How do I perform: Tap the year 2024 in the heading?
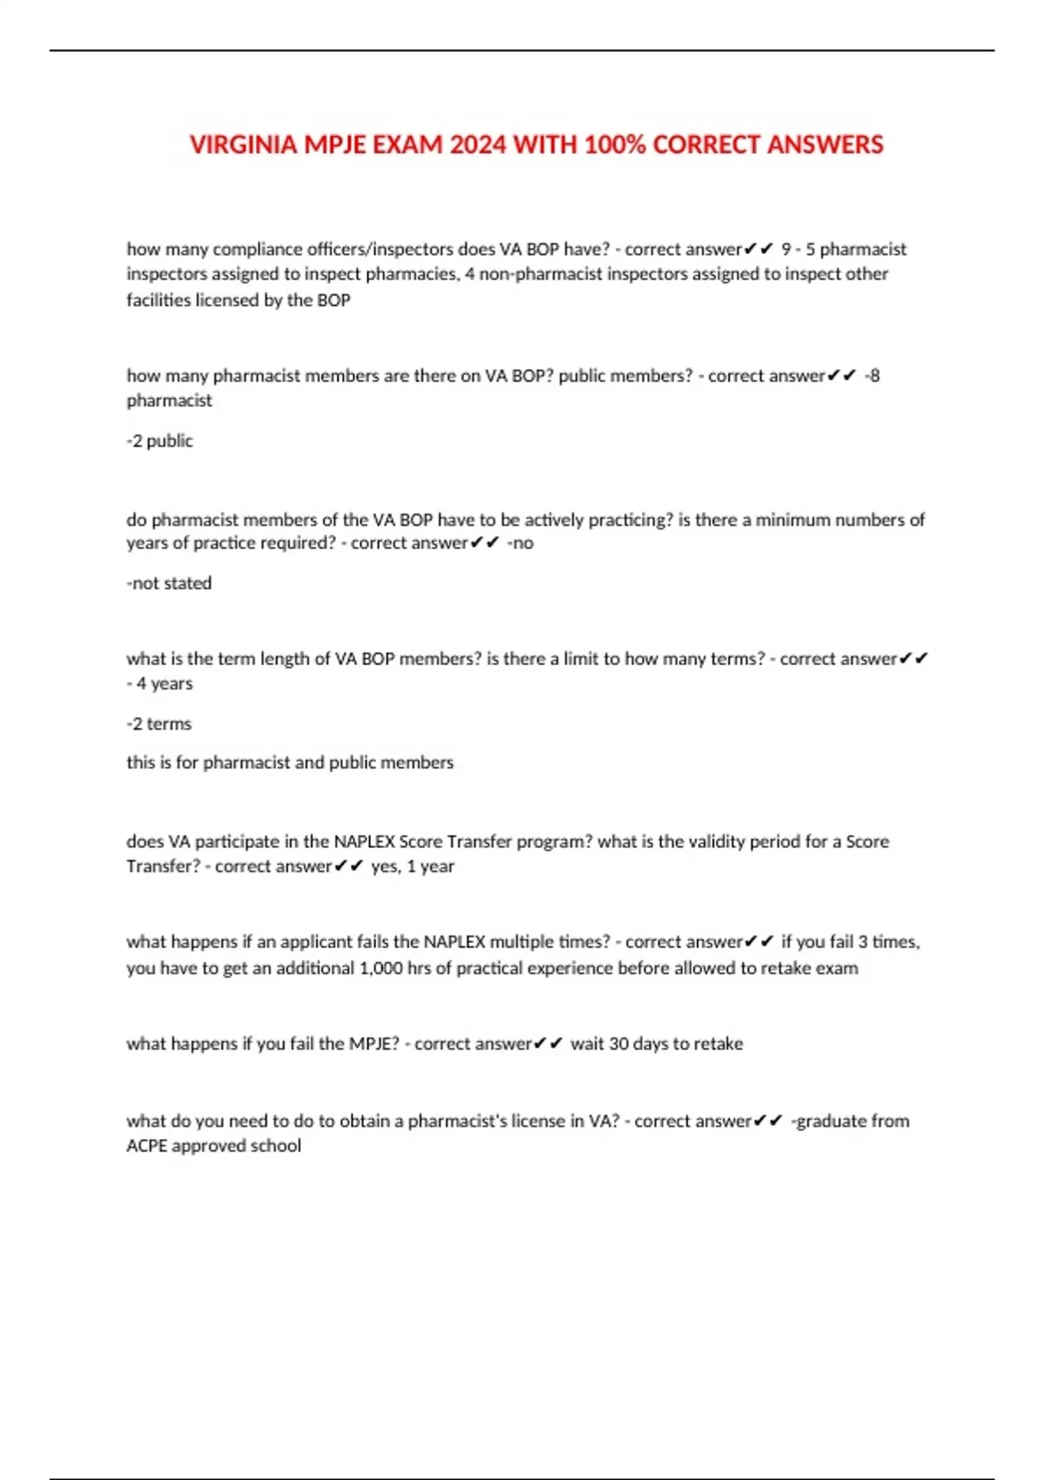[478, 145]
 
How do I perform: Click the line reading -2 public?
[159, 441]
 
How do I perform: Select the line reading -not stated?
[169, 583]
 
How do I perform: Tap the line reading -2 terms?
[158, 724]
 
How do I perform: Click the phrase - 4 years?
[159, 684]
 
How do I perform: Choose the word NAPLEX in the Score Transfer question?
[364, 842]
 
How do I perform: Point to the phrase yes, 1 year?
[413, 867]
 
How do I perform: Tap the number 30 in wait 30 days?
[618, 1044]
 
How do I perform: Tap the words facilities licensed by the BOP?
[239, 300]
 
